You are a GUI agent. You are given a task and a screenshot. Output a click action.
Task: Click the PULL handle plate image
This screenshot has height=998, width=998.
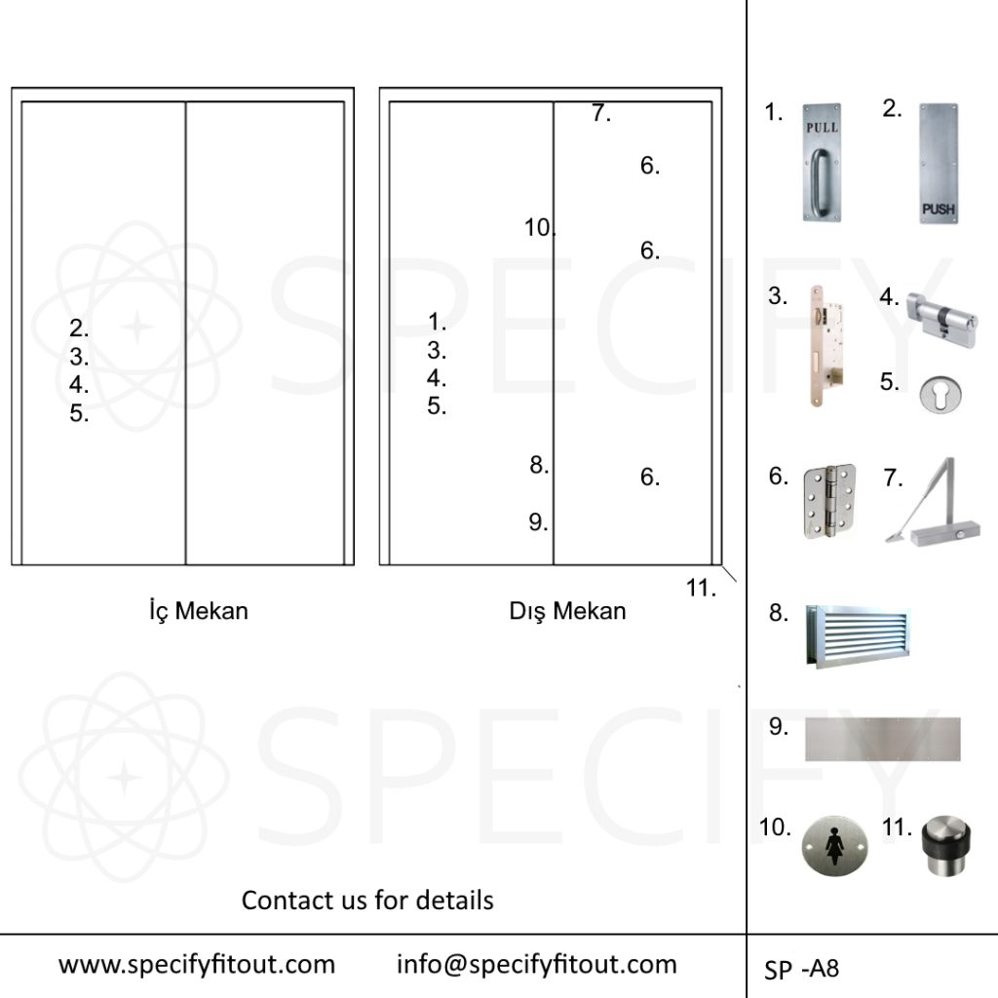tap(821, 163)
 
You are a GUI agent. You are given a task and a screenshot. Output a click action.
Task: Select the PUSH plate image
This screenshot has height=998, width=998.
tap(939, 164)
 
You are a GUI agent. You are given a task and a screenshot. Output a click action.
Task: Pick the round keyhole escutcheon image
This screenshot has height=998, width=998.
tap(940, 394)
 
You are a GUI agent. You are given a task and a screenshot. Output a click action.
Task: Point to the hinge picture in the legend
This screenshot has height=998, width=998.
tap(829, 501)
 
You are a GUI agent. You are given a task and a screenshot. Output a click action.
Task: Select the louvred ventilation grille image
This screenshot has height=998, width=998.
tap(858, 636)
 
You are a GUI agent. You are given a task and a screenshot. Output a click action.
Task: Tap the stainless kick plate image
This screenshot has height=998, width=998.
tap(883, 739)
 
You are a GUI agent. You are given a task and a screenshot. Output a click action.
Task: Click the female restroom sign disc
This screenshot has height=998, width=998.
tap(834, 846)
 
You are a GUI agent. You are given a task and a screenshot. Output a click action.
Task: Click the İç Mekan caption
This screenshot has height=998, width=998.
tap(199, 611)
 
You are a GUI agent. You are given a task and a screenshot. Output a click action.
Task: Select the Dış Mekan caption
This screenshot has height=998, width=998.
tap(567, 611)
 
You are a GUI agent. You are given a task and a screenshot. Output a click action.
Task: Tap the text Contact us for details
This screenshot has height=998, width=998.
tap(367, 900)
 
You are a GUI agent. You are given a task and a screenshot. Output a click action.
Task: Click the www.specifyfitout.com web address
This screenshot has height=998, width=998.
tap(197, 964)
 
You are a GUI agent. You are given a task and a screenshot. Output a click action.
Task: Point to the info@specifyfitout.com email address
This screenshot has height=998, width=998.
tap(537, 964)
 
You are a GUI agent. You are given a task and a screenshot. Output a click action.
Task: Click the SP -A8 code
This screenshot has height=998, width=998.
tap(801, 969)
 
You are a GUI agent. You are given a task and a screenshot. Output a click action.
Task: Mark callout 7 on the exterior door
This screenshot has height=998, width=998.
tap(601, 113)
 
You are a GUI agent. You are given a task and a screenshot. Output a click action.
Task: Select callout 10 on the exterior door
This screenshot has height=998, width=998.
tap(539, 227)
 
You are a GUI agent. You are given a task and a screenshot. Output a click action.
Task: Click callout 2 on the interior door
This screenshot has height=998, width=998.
tap(79, 328)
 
